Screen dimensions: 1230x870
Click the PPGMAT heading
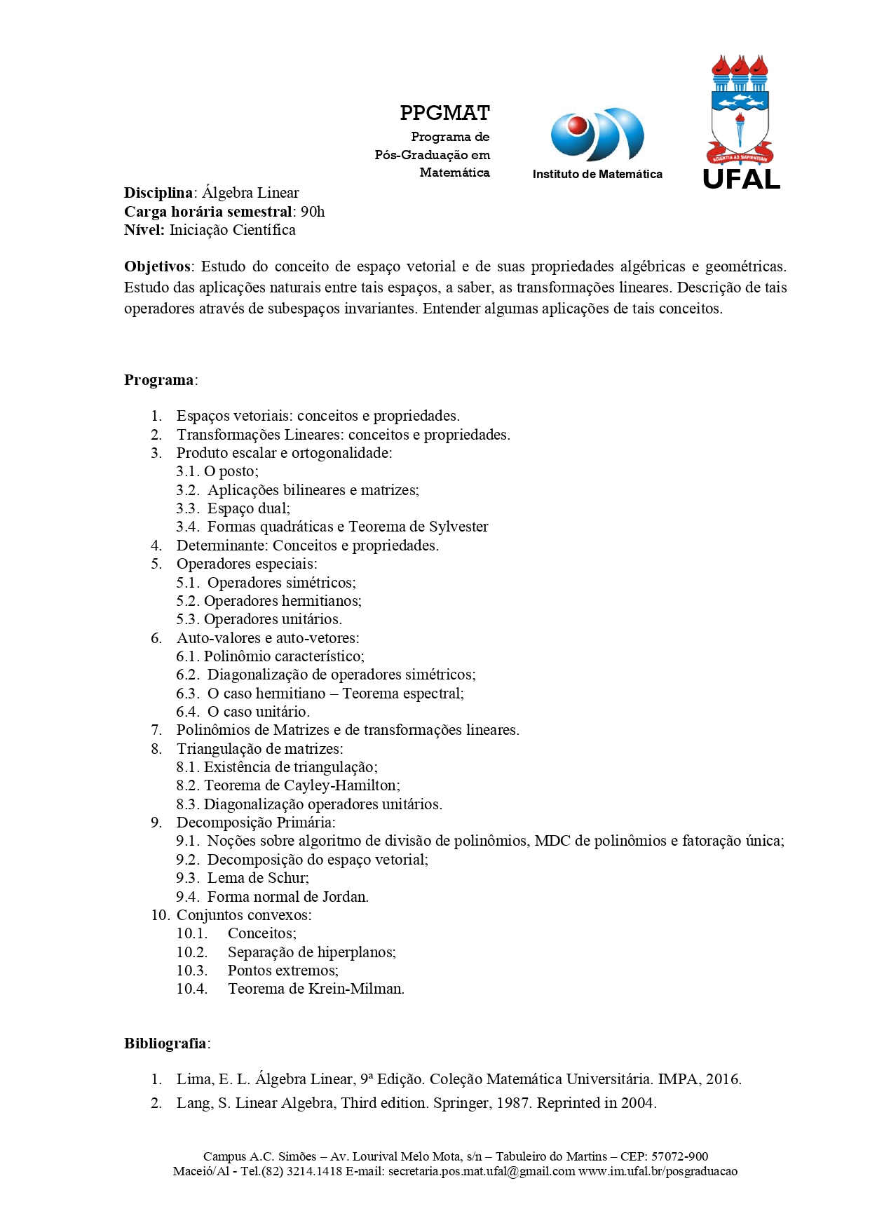click(444, 113)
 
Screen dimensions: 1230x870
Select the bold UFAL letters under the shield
click(741, 180)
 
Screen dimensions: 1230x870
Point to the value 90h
click(313, 212)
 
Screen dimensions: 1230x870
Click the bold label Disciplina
click(158, 193)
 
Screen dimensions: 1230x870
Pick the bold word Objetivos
click(157, 266)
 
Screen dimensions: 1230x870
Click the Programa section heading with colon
click(161, 380)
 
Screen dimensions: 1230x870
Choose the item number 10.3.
click(192, 971)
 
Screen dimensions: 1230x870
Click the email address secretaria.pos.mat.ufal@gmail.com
click(482, 1171)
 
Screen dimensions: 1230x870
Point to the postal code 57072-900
click(679, 1156)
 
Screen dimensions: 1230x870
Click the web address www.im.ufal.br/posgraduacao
click(658, 1171)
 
